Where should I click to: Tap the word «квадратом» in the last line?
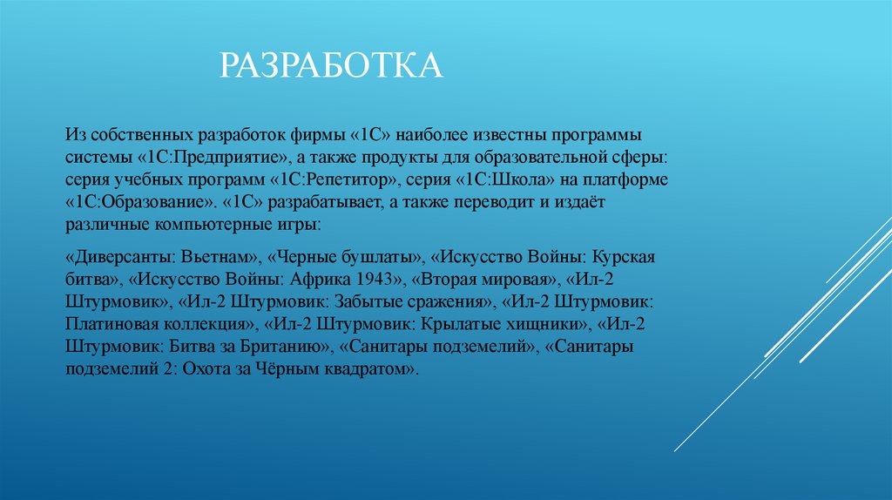click(371, 368)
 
